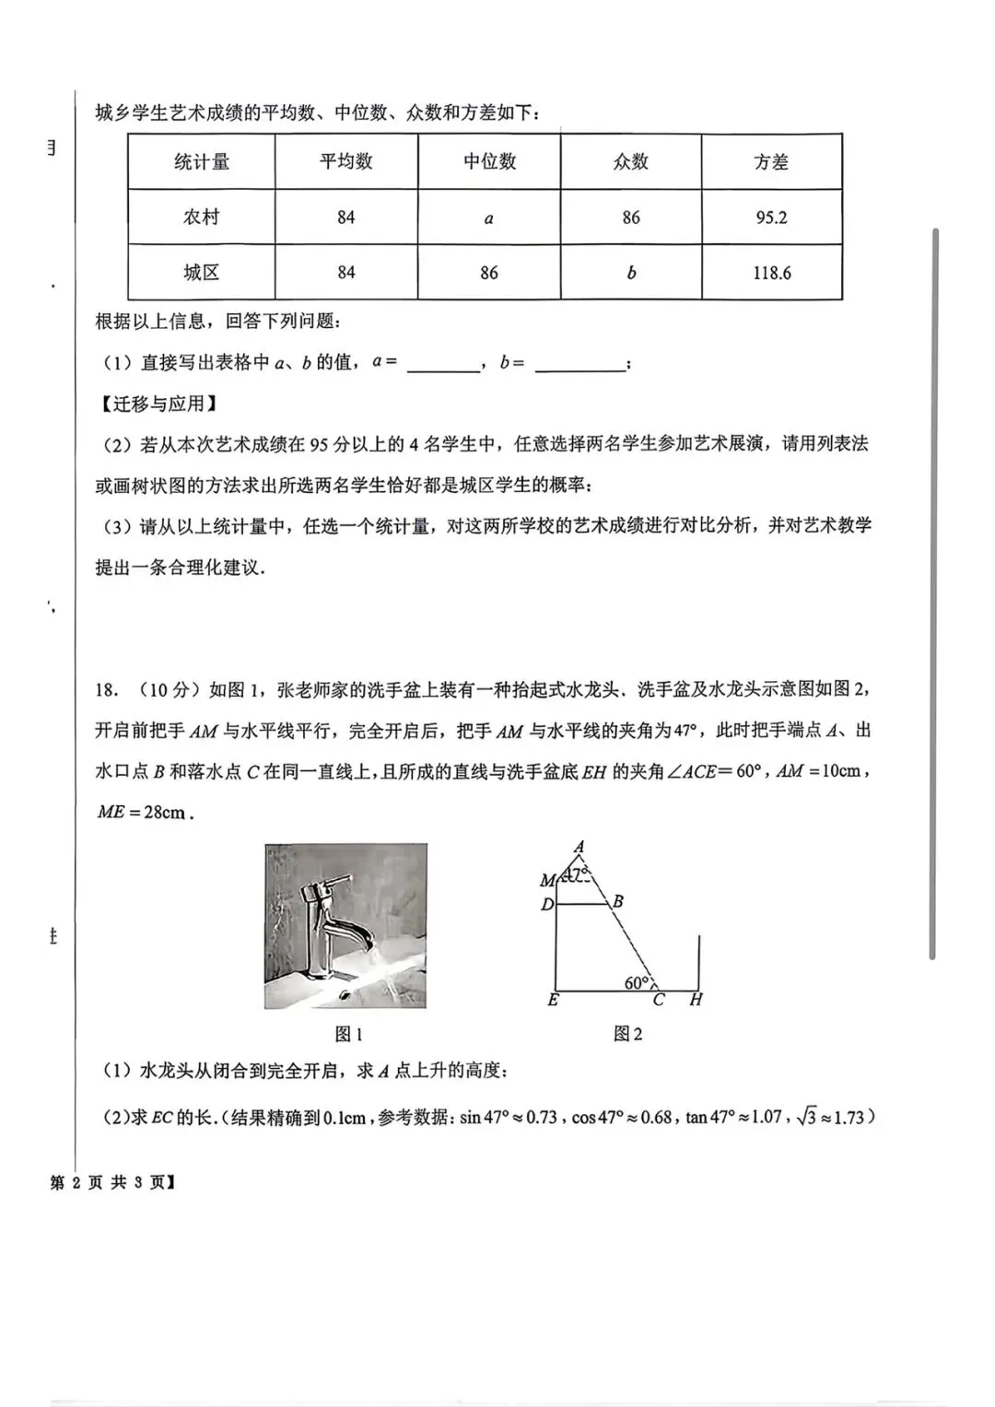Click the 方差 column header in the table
[771, 162]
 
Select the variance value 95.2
[771, 217]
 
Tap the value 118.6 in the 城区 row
[771, 273]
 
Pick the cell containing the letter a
[488, 218]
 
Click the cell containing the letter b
[631, 273]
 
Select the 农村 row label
[201, 217]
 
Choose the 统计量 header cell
[201, 162]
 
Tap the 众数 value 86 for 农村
[631, 217]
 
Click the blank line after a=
[442, 365]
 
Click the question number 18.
[106, 690]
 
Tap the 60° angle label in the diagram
[637, 983]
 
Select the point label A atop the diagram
[579, 847]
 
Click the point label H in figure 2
[696, 1000]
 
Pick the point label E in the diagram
[553, 1000]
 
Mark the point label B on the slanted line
[618, 901]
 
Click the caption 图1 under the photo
[347, 1034]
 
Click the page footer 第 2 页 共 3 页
[111, 1182]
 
